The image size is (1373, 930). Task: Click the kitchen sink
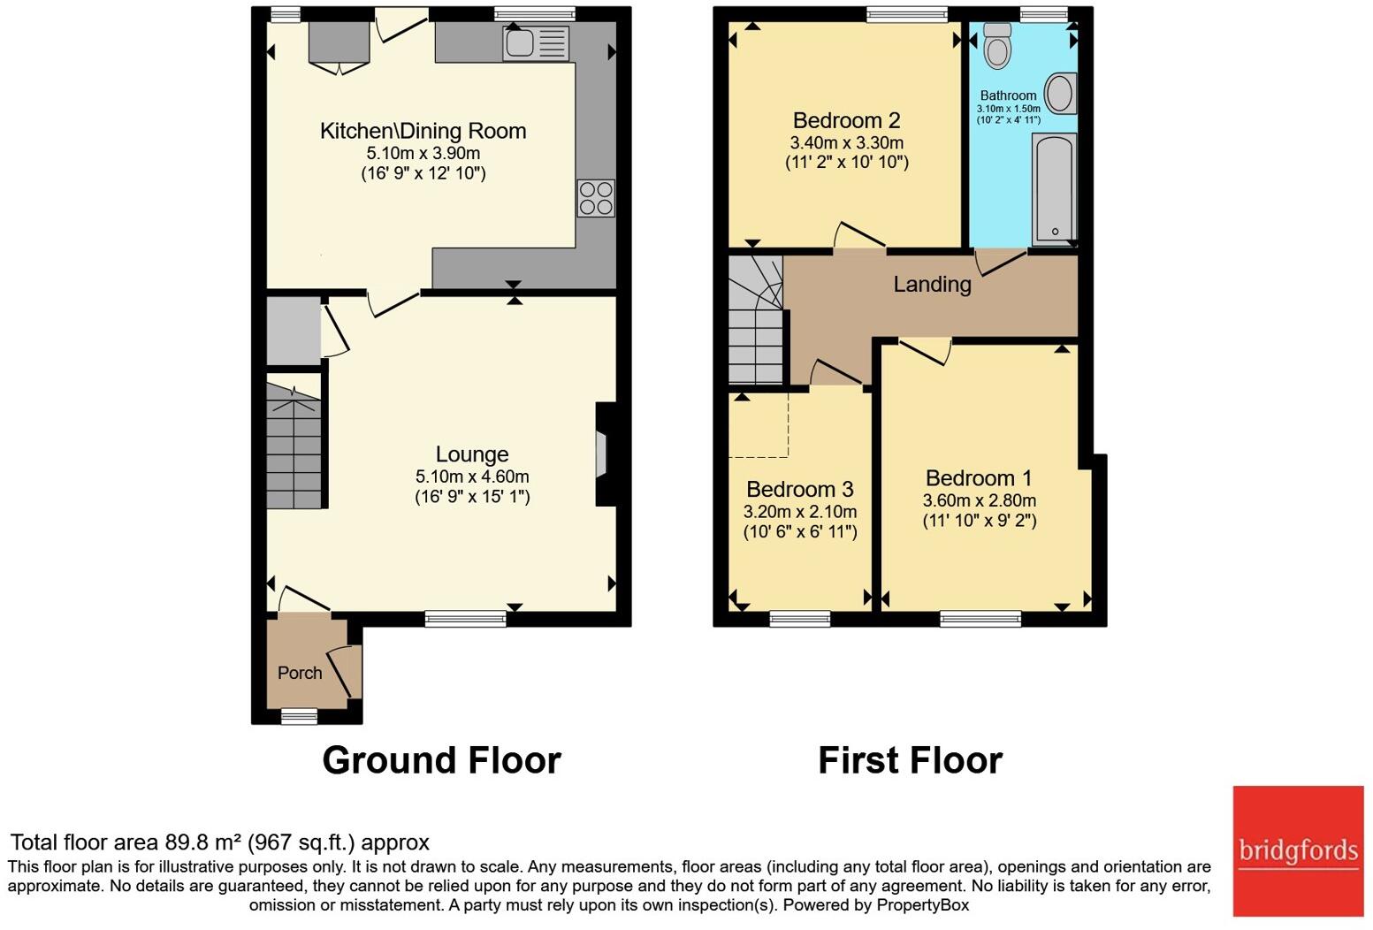pos(536,43)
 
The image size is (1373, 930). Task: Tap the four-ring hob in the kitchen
pos(595,198)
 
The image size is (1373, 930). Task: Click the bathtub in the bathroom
pos(1054,188)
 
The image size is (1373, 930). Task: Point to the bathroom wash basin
pos(1060,93)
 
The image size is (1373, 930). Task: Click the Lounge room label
pos(471,454)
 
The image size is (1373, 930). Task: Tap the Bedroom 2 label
pos(846,120)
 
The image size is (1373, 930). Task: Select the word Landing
pos(932,284)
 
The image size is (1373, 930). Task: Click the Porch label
pos(300,673)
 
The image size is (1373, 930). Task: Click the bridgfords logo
pos(1298,851)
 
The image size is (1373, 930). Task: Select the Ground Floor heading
pos(441,760)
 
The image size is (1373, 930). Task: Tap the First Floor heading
pos(910,760)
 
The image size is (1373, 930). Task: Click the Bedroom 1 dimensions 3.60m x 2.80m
pos(980,500)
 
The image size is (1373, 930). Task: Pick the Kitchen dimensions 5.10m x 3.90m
pos(423,153)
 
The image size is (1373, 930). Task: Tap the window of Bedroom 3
pos(799,619)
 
